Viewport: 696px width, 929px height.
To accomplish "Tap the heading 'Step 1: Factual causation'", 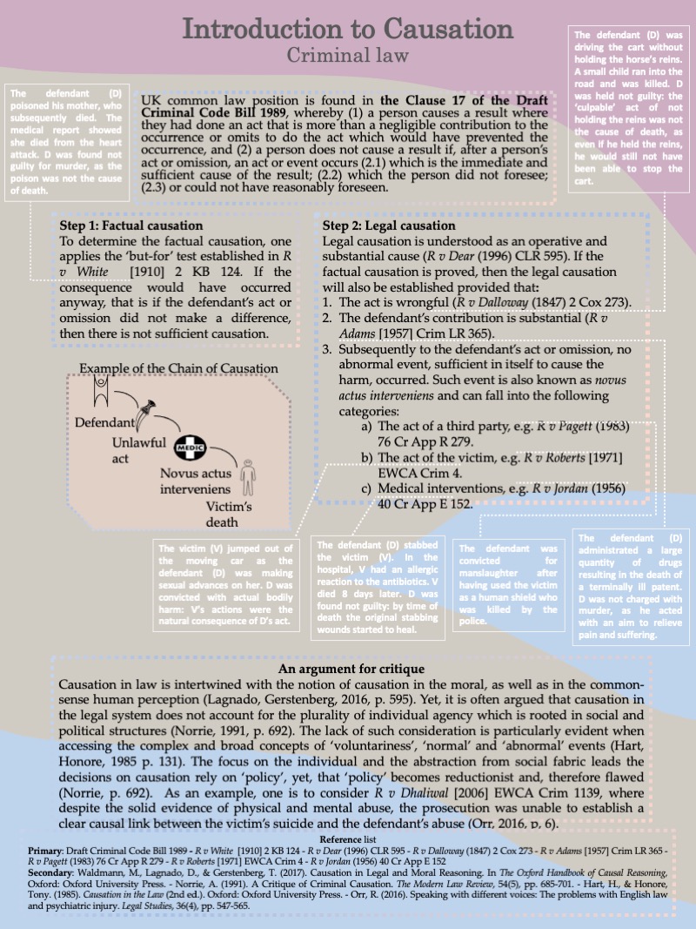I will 131,226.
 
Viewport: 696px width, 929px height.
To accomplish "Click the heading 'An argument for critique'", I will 351,669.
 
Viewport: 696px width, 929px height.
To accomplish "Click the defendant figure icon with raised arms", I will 103,387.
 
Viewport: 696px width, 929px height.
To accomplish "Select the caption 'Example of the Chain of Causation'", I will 179,368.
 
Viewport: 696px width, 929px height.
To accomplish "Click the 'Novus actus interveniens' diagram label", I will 197,481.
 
